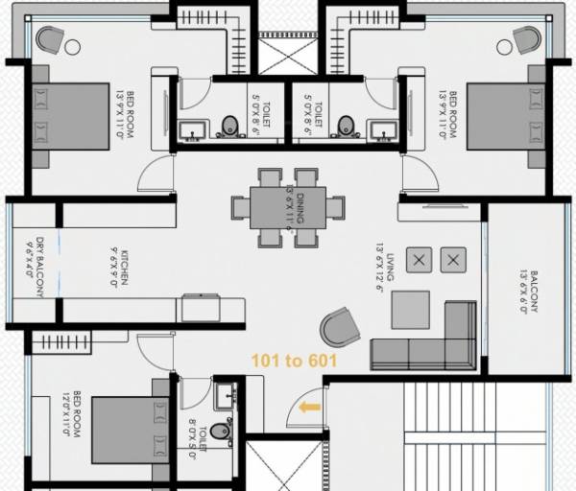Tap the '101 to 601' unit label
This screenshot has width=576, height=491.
294,362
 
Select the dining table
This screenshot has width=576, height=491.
286,207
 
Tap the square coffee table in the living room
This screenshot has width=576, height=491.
411,309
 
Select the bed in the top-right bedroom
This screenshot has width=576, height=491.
505,116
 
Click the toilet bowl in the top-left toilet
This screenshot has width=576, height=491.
229,126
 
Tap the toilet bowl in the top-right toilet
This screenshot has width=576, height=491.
346,126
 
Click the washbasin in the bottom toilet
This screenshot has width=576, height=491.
225,392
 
